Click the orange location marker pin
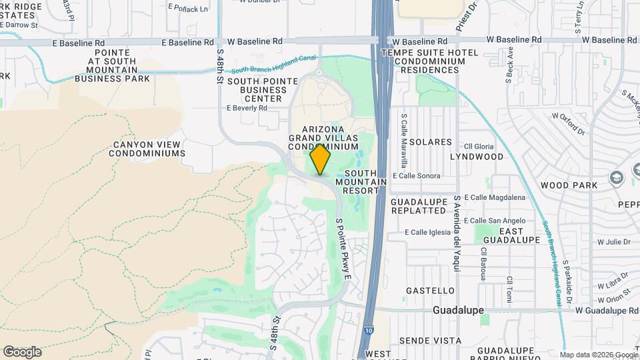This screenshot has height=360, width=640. (321, 160)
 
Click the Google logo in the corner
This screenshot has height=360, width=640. (22, 352)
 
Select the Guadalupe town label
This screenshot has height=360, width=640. (458, 311)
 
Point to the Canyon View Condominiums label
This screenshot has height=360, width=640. (147, 149)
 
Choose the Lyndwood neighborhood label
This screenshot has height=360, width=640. (477, 157)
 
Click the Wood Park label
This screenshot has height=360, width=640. (563, 185)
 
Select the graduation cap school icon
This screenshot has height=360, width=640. (617, 178)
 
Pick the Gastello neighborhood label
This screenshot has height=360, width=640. (431, 291)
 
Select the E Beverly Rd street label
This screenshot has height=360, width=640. (247, 108)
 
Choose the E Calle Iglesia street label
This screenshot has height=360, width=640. (428, 233)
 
